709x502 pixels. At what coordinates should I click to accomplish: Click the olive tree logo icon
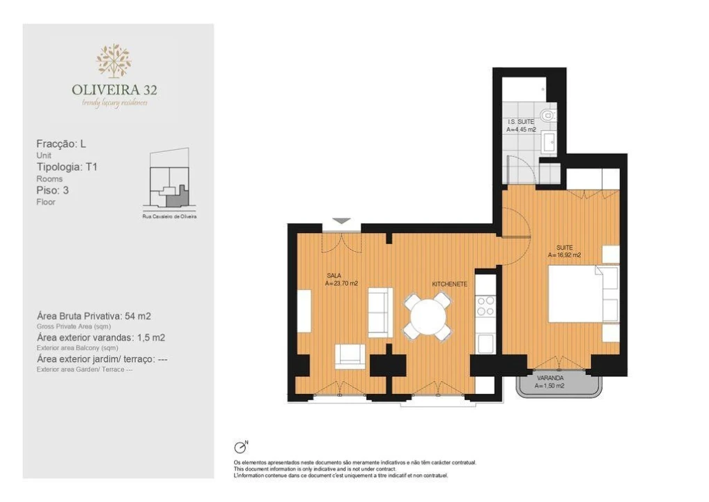pos(114,61)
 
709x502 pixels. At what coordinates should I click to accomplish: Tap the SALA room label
pos(334,275)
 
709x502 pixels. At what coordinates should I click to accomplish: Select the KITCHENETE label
pos(449,284)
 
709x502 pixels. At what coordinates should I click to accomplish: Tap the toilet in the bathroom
pos(548,114)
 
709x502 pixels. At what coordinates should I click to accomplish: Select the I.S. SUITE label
pos(521,122)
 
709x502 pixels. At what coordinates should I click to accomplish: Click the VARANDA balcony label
pos(550,378)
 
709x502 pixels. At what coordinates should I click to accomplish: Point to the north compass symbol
pos(241,448)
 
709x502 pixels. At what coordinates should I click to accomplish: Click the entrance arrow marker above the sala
pos(341,221)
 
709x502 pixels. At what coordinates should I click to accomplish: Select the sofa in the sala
pos(380,312)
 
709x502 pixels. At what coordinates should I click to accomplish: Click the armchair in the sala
pos(349,356)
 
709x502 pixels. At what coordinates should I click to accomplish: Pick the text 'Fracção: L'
pos(61,144)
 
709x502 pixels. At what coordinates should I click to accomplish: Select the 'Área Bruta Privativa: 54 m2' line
pos(93,316)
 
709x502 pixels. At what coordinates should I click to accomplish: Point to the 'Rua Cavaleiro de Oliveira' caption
pos(169,217)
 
